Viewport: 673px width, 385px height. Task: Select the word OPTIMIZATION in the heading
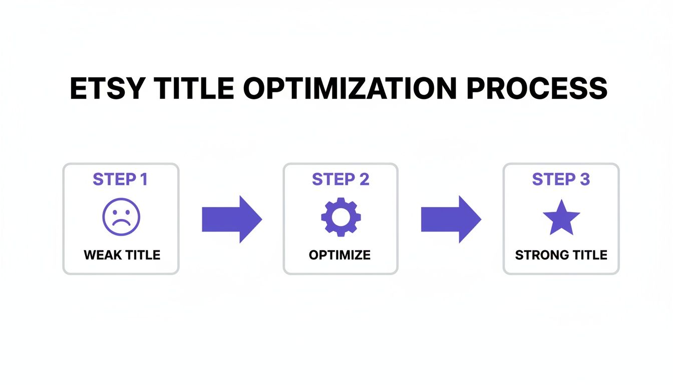tap(351, 89)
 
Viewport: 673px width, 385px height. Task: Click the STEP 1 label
tap(120, 179)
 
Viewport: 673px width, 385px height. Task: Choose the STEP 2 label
tap(341, 179)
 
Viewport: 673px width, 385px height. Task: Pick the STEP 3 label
tap(561, 179)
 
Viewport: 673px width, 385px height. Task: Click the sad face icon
tap(121, 217)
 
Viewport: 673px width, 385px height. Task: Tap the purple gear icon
tap(341, 217)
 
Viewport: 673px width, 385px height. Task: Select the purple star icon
tap(561, 218)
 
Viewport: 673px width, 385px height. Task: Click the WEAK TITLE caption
tap(122, 255)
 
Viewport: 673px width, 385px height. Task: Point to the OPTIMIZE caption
tap(340, 255)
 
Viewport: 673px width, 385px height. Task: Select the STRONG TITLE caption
tap(561, 255)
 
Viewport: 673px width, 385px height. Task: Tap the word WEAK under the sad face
tap(103, 255)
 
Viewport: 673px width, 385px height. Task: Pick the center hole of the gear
tap(341, 217)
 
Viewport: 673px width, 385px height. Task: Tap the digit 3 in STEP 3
tap(584, 179)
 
